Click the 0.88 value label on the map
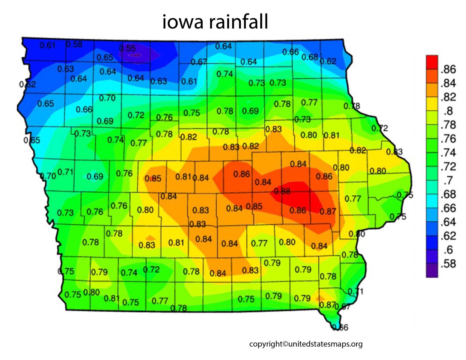coord(282,191)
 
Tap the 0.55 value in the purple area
coord(127,48)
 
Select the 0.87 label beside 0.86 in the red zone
coord(328,211)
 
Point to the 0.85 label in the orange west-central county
coord(153,178)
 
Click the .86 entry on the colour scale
coord(448,69)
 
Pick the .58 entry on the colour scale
coord(448,264)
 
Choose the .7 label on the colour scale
coord(448,180)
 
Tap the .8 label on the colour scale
coord(448,111)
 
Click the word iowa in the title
coord(182,22)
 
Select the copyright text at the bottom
coord(306,344)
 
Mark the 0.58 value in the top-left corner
coord(74,44)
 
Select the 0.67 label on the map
coord(199,62)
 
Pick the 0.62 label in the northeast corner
coord(328,61)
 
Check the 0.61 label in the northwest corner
coord(48,45)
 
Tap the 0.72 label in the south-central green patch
coord(151,269)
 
